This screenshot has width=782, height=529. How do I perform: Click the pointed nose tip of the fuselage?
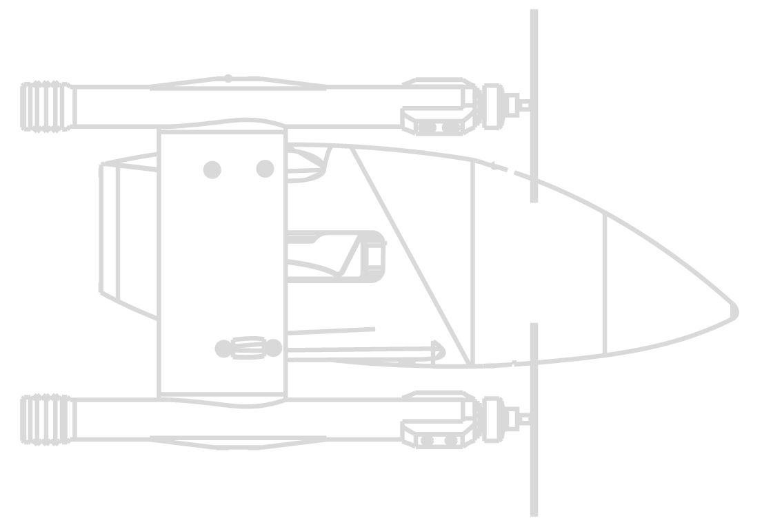coord(735,311)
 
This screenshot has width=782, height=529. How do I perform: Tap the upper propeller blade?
coord(534,103)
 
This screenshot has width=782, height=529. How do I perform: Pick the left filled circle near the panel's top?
coord(212,169)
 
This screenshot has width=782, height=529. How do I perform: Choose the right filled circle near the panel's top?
coord(265,169)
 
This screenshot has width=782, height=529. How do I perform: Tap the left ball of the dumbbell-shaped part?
coord(223,349)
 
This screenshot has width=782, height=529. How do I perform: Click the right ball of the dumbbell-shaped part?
coord(274,349)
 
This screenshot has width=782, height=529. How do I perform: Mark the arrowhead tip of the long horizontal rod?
coord(443,352)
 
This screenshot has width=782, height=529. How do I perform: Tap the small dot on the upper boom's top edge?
coord(228,79)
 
